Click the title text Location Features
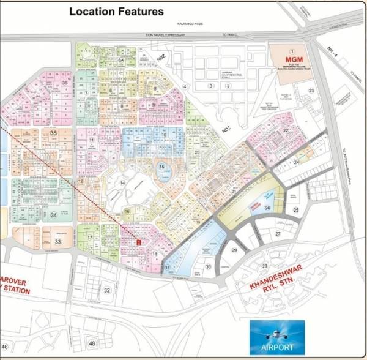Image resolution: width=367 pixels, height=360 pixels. tap(116, 12)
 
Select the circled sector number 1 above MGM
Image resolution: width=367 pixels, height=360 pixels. tap(293, 51)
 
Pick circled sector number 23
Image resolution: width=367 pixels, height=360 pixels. tap(311, 91)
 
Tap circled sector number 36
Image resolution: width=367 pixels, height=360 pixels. tap(64, 82)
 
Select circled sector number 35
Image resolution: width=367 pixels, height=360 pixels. tap(54, 133)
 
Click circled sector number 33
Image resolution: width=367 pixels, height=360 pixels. tap(57, 242)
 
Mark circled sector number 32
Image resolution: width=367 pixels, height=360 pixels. tap(107, 290)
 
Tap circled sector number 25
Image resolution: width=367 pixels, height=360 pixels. tap(296, 210)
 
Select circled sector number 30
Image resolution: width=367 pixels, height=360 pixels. tap(208, 266)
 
